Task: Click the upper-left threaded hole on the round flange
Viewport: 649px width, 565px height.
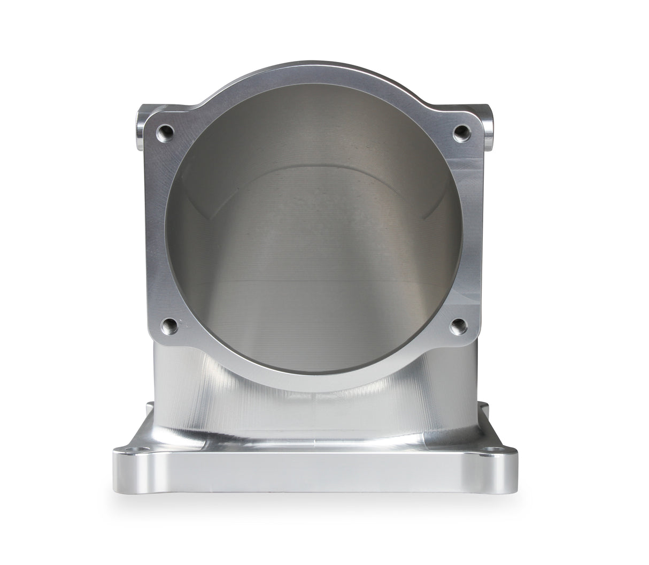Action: pos(166,131)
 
